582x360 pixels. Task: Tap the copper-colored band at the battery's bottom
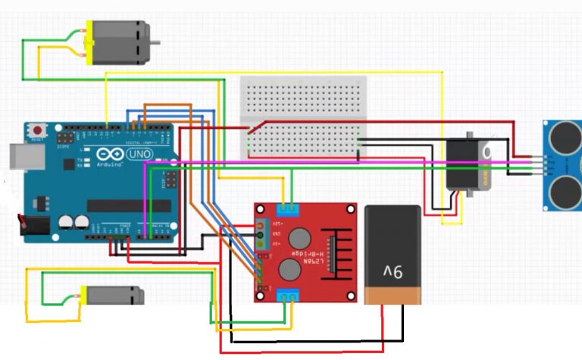coord(392,294)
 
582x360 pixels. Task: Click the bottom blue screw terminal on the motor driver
coord(286,296)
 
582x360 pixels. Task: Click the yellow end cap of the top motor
coord(89,42)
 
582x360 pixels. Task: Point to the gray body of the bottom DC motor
coord(114,295)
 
